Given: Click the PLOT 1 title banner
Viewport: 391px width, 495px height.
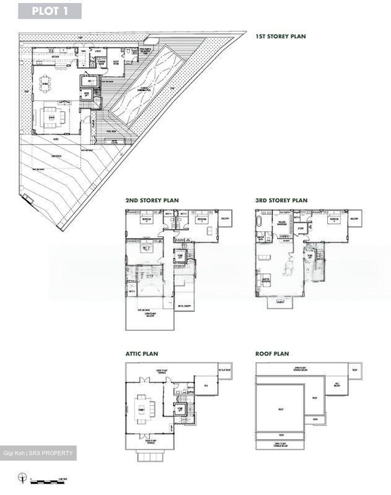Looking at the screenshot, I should (50, 11).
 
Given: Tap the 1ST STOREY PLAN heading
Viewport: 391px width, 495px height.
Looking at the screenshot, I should (280, 36).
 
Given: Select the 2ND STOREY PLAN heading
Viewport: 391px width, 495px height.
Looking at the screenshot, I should (152, 200).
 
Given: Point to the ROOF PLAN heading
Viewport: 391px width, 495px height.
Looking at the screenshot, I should (272, 354).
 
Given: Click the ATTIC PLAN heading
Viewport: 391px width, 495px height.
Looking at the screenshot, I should (142, 354).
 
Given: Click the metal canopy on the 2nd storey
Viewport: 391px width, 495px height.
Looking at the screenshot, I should (184, 306).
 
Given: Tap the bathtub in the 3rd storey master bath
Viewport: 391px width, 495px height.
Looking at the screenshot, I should (259, 221).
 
